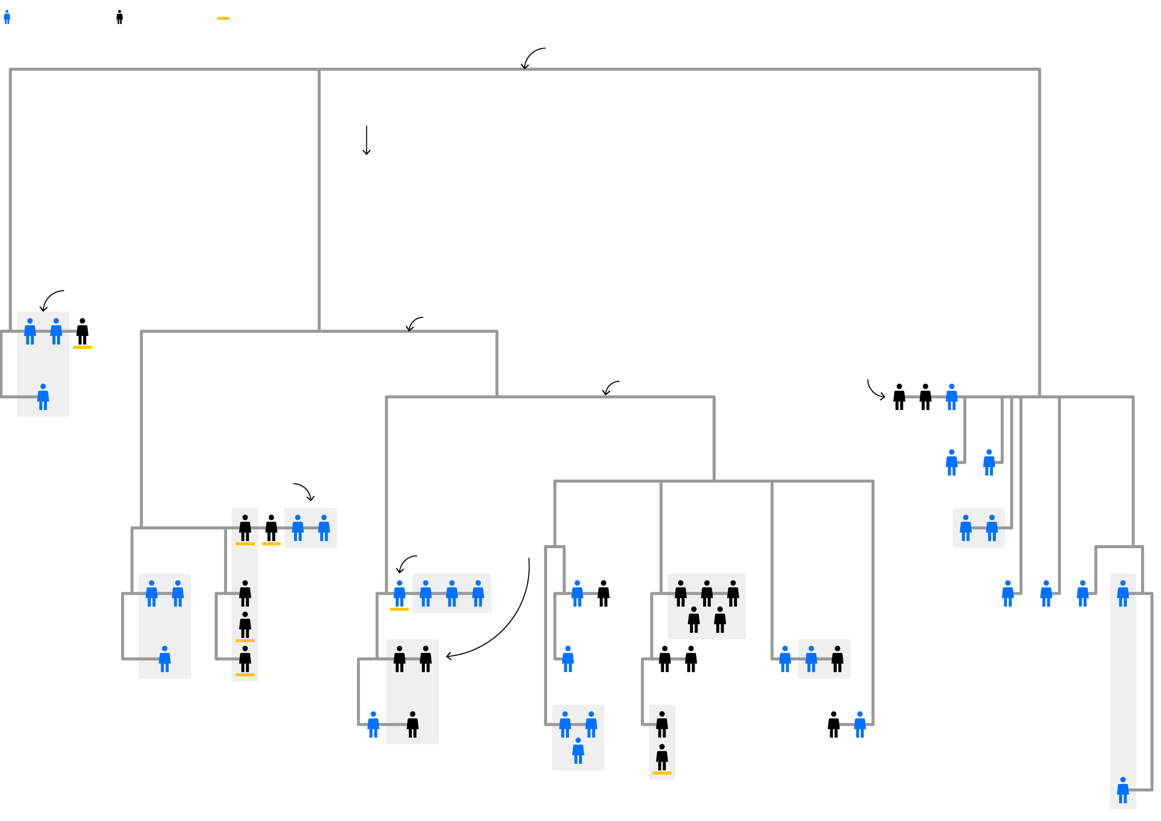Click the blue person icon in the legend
pos(7,17)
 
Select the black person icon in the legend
pos(120,17)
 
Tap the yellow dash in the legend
pos(224,19)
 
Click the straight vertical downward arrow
pos(367,140)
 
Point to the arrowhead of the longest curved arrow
pos(447,657)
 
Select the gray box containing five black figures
pos(707,607)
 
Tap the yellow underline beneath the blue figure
pos(399,610)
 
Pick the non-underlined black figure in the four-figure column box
pos(245,593)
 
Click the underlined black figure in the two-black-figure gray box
pos(662,759)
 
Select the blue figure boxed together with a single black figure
pos(811,659)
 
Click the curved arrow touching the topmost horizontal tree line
pos(532,56)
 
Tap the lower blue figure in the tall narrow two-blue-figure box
pos(1123,790)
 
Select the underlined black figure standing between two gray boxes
pos(272,528)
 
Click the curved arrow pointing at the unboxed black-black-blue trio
pos(874,390)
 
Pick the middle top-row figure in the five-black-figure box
pos(707,593)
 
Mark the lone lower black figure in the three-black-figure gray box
pos(413,725)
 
